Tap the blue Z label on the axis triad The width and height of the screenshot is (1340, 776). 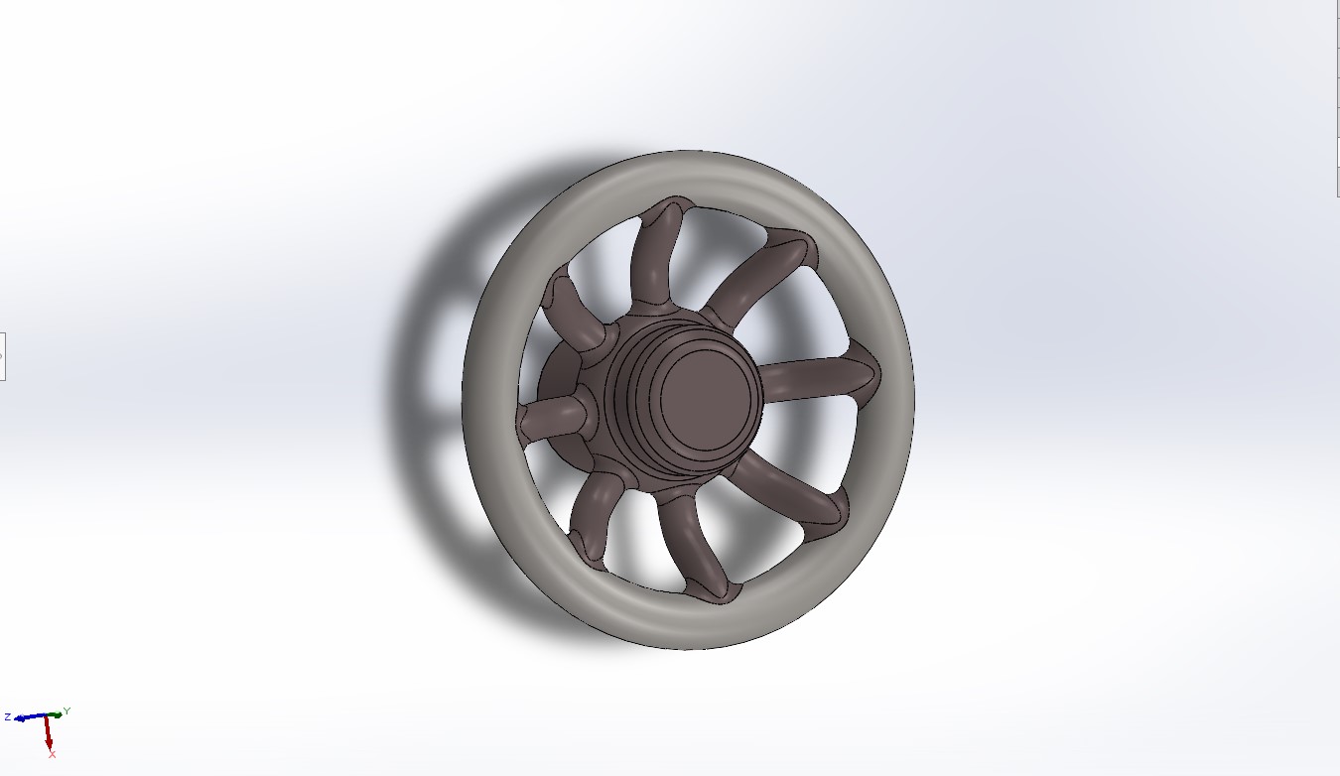point(8,716)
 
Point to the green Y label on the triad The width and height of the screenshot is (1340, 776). point(67,711)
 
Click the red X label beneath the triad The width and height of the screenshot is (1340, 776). point(52,755)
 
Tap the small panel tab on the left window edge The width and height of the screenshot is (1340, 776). point(2,355)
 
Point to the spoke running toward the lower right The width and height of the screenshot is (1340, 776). point(794,491)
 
